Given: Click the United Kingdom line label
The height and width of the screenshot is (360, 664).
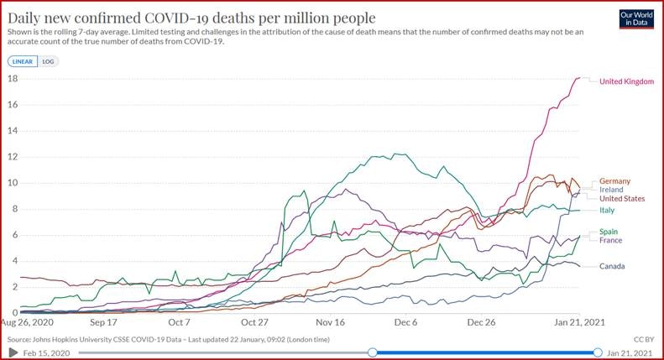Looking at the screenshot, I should (x=626, y=81).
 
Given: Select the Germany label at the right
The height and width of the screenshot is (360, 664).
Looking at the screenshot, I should (x=615, y=181).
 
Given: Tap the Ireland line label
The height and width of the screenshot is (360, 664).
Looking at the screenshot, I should (x=612, y=190).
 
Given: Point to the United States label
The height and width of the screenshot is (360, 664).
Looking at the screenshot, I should (x=622, y=199).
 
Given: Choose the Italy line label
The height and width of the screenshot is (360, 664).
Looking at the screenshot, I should (x=607, y=211).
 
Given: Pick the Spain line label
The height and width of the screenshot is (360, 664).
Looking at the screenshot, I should (x=610, y=232).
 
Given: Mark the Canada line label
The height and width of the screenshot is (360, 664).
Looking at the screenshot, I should (x=613, y=266).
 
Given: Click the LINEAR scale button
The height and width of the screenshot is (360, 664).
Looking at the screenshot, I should (x=23, y=61).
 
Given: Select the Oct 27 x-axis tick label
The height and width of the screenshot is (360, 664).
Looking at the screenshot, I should (x=254, y=321).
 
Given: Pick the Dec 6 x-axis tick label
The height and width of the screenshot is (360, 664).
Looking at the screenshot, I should (x=406, y=321).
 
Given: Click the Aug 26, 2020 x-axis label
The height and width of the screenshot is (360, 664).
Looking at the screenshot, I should (x=27, y=321).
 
